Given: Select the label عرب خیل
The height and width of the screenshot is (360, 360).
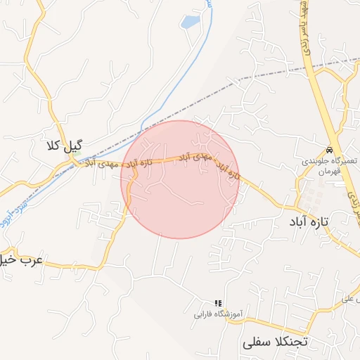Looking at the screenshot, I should [x=21, y=260].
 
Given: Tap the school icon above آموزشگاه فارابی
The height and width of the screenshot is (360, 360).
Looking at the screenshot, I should [x=217, y=303].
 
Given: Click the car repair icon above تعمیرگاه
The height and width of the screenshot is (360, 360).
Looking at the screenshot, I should [x=329, y=150].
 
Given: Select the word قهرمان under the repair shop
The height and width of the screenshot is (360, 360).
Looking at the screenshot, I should [x=328, y=171].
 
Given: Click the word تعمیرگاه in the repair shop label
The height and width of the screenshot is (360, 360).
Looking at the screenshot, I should [x=344, y=161].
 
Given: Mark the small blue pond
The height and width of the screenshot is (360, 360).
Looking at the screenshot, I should [x=190, y=22].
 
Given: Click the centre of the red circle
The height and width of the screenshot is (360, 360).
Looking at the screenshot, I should [x=180, y=179].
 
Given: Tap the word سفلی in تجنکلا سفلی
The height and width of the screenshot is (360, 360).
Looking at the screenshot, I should [x=256, y=344].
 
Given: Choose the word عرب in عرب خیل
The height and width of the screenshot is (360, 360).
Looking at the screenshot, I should [x=32, y=259].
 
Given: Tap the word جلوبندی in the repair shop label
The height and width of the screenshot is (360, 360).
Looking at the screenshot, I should [x=316, y=161].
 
